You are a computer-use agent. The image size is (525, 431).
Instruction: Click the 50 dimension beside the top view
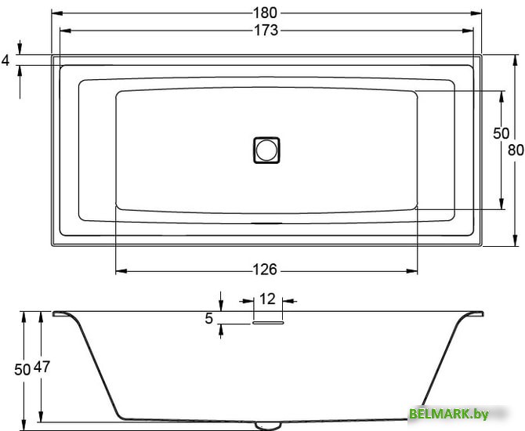click(501, 133)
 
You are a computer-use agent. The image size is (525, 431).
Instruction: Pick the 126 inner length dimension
click(266, 270)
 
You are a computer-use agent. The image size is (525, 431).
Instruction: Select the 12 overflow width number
click(267, 299)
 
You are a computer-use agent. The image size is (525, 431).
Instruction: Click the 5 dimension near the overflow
click(208, 318)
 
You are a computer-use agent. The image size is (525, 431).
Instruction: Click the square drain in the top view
click(266, 149)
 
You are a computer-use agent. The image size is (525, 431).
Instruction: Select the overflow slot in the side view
click(267, 321)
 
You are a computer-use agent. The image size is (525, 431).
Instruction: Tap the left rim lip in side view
click(61, 314)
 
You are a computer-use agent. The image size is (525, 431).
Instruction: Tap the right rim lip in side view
click(473, 314)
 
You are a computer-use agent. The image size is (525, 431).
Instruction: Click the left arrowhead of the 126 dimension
click(120, 271)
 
